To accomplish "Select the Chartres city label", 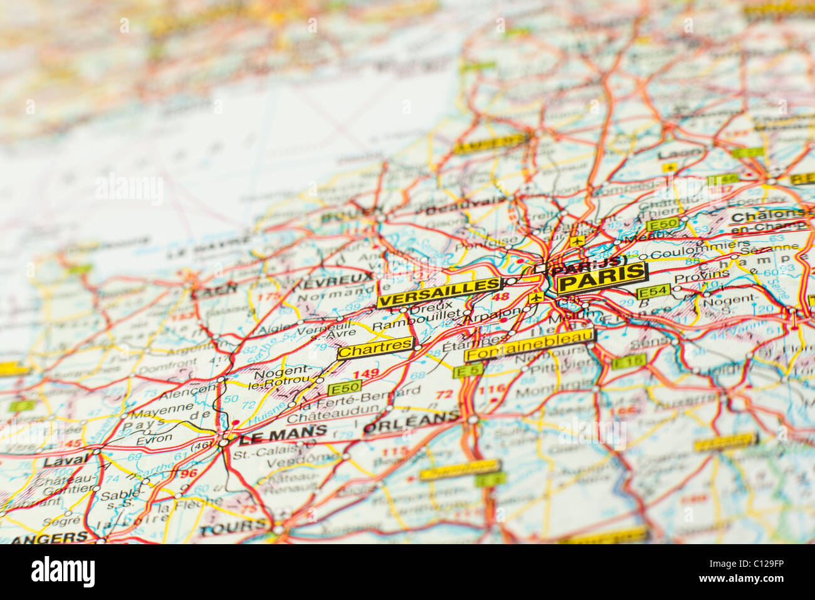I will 376,348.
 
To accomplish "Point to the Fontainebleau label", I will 529,347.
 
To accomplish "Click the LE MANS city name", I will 282,432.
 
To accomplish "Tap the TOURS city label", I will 233,527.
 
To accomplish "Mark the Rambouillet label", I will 417,325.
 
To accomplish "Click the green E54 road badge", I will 653,292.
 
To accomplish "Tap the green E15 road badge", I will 628,361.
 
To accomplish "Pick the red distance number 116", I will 491,389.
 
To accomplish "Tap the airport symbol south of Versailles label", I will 535,297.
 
